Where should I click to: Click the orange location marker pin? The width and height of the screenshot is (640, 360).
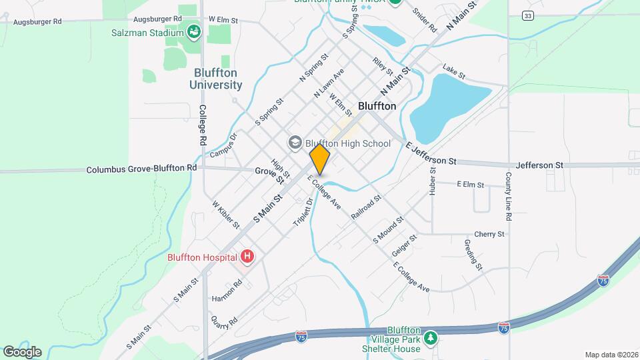pos(320,159)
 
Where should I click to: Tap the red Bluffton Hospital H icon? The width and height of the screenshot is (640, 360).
pos(247,257)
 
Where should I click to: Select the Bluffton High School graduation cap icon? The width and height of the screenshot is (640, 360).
pos(295,143)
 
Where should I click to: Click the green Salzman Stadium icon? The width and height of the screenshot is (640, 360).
pos(193,32)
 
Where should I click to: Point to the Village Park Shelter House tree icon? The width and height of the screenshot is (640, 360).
pos(431,337)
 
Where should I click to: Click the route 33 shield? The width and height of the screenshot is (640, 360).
pos(527,15)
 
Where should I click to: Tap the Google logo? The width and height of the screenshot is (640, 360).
pos(21,351)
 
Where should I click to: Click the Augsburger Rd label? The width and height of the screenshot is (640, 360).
pos(157,19)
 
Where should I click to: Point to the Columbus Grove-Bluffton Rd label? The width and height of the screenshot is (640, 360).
pos(141,170)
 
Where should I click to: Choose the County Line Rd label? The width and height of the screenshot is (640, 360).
pos(508,197)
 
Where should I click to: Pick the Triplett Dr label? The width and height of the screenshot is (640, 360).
pos(303,211)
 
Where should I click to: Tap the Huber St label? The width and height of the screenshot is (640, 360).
pos(433,181)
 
